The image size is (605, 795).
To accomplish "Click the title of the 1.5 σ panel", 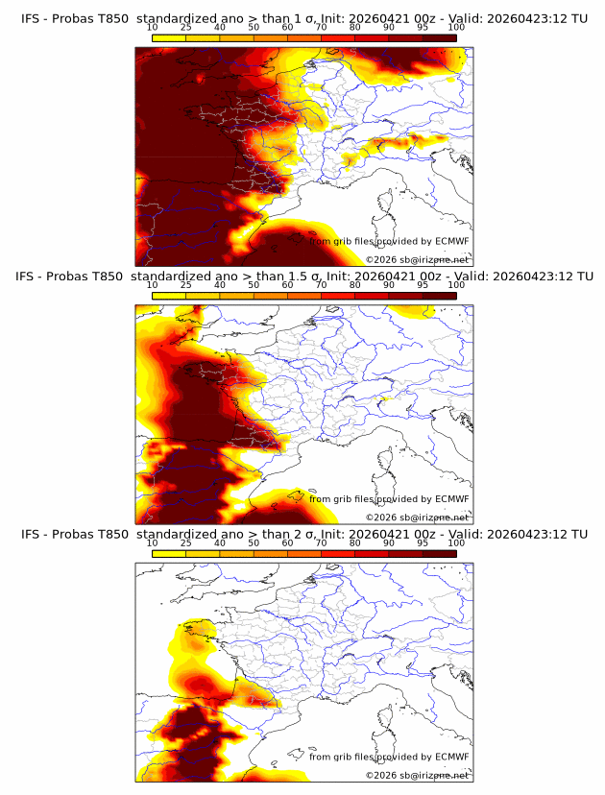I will click(x=303, y=276).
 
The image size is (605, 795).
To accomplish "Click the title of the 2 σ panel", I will click(x=303, y=534).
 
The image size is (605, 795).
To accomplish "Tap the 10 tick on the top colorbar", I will click(x=153, y=28).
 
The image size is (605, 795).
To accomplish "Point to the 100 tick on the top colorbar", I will click(x=456, y=28).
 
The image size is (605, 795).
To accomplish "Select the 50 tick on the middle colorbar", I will click(x=254, y=285).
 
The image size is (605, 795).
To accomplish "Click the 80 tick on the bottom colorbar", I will click(x=355, y=543).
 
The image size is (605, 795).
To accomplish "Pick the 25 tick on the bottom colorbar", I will click(x=186, y=543).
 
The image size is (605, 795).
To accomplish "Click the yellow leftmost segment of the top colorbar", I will click(x=169, y=37).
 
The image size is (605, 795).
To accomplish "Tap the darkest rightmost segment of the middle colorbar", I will click(x=439, y=296).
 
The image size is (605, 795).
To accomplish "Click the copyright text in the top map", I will click(x=418, y=259).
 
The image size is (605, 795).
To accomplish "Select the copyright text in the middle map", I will click(x=418, y=517).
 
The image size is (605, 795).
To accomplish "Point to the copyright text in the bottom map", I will click(x=418, y=775).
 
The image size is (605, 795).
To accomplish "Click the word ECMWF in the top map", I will click(x=451, y=242).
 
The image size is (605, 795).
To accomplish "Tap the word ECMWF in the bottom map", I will click(x=451, y=757).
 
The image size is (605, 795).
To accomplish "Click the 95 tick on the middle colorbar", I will click(x=423, y=285).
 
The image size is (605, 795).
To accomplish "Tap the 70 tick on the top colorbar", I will click(x=321, y=28).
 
